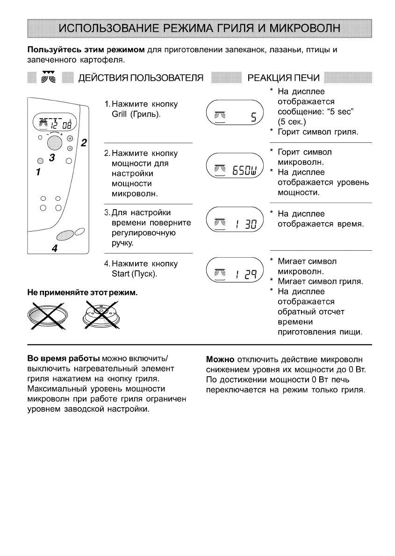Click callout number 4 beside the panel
[55, 249]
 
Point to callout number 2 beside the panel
[84, 142]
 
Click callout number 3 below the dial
[53, 158]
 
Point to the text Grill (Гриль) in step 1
[133, 114]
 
